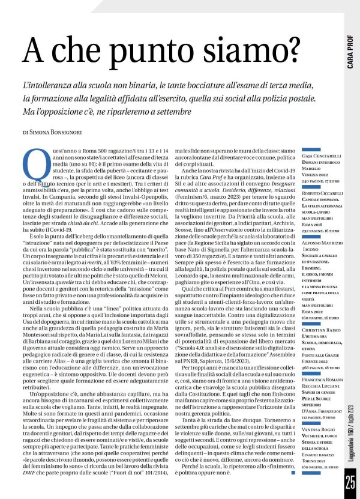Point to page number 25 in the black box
[x=350, y=481]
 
